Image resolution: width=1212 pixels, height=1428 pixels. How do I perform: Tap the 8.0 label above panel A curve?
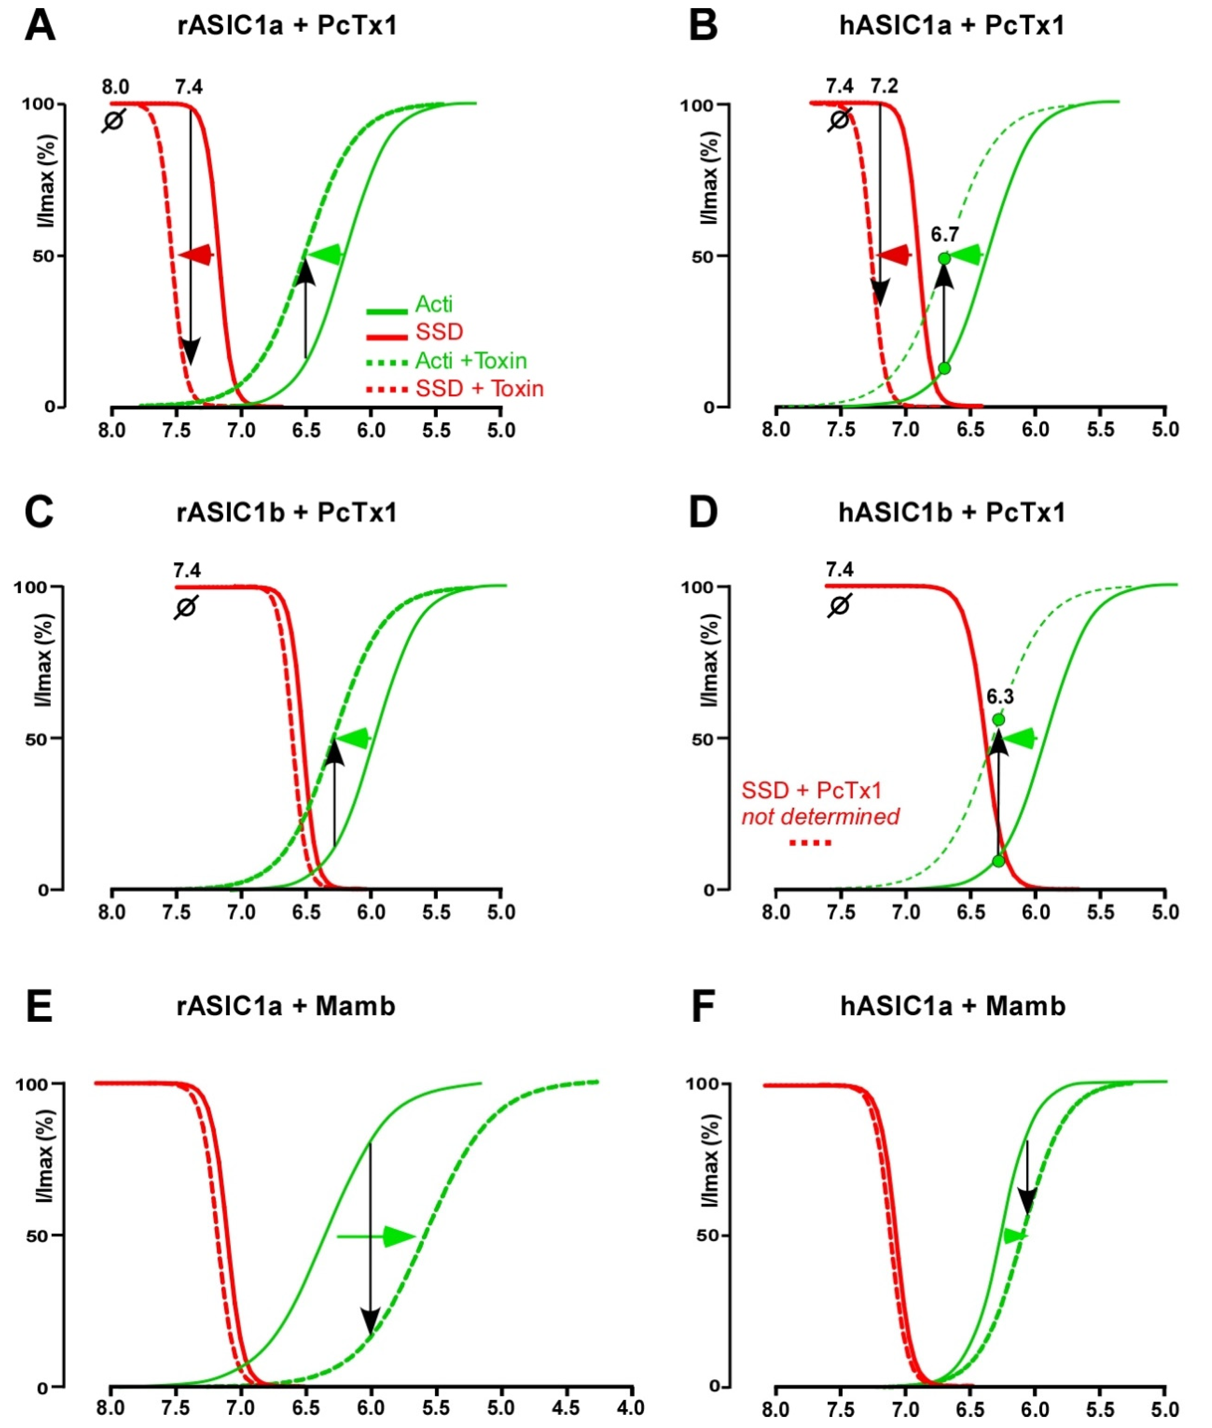116,87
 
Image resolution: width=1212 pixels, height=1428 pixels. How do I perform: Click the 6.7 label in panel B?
945,235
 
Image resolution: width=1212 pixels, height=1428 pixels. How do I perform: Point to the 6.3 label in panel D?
1000,697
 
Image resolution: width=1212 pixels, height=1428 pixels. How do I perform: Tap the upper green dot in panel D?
998,719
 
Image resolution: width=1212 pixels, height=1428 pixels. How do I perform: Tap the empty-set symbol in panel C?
185,607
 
